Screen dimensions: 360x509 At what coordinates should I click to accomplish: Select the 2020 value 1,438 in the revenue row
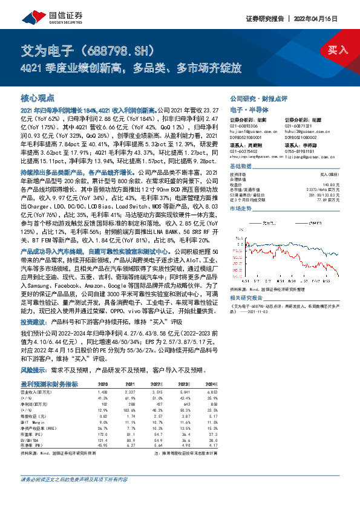[103, 391]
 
